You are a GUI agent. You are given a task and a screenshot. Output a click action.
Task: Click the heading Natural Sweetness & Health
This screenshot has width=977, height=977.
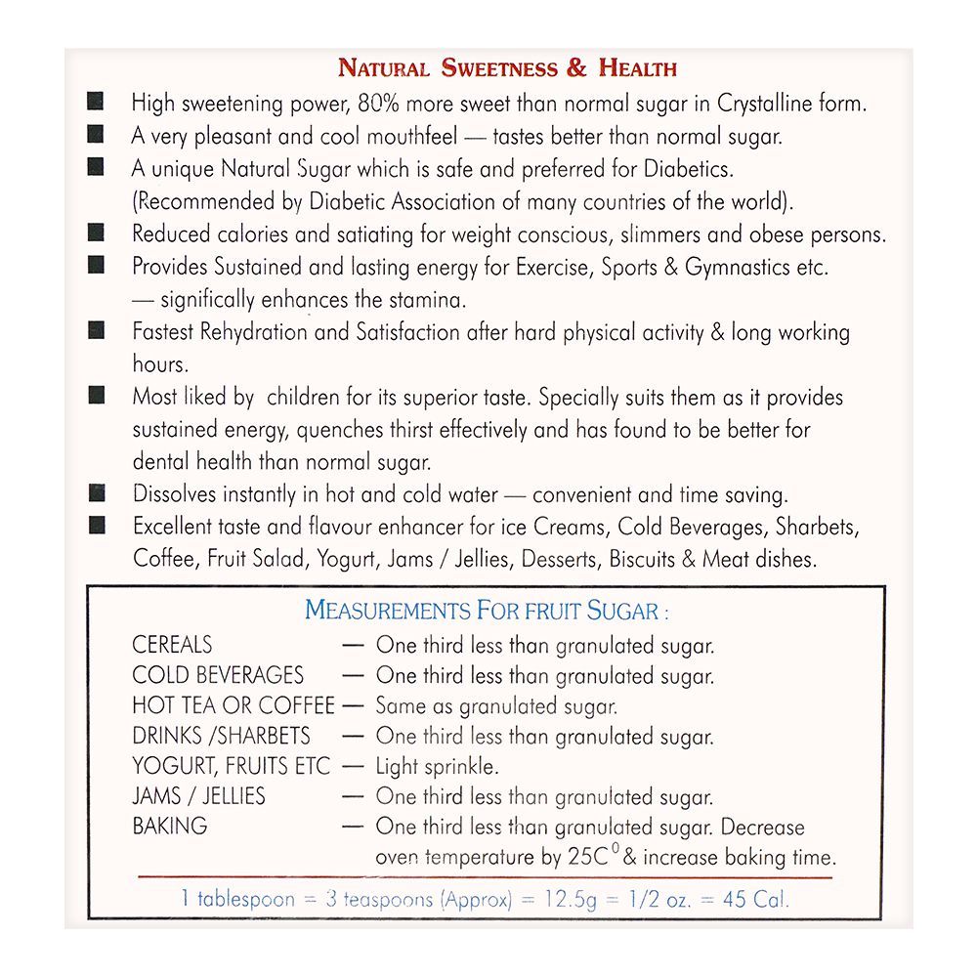(507, 68)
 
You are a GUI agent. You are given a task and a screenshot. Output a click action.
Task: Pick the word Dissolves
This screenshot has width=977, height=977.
(175, 494)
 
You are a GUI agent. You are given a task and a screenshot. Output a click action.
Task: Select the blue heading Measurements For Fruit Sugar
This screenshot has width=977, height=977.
(487, 612)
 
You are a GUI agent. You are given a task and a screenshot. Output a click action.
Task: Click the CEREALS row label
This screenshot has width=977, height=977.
(172, 645)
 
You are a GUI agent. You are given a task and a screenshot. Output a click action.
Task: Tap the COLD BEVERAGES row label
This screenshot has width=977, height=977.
(218, 675)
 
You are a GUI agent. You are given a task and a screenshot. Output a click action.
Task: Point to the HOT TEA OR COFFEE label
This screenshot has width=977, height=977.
(233, 705)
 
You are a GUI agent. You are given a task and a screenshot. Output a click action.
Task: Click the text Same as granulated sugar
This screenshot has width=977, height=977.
(496, 705)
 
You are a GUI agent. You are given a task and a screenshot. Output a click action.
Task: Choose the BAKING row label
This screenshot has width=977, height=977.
(170, 827)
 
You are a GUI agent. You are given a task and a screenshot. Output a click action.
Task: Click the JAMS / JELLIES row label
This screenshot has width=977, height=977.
(198, 796)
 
